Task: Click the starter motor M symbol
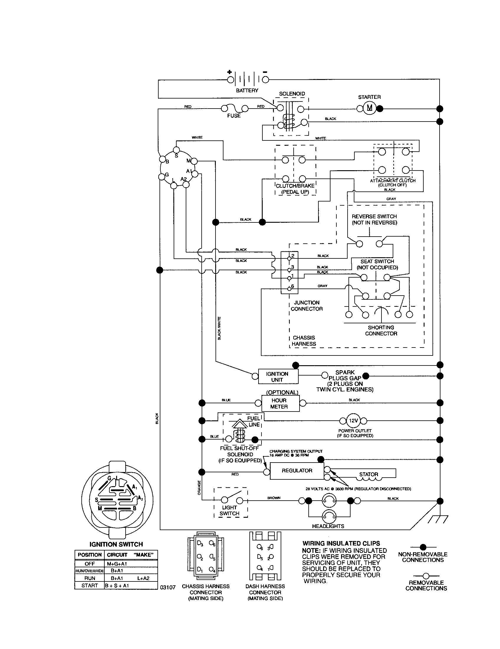369,108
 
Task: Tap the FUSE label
234,116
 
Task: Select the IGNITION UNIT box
277,376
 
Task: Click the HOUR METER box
280,403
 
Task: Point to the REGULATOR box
297,471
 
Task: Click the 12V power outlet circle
353,420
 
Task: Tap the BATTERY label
247,90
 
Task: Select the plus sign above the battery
230,72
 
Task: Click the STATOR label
369,474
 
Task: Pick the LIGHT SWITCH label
230,510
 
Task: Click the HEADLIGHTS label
328,526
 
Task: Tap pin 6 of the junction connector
289,289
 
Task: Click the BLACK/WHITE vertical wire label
219,328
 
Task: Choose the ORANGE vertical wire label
199,488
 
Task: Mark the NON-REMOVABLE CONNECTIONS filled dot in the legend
423,547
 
